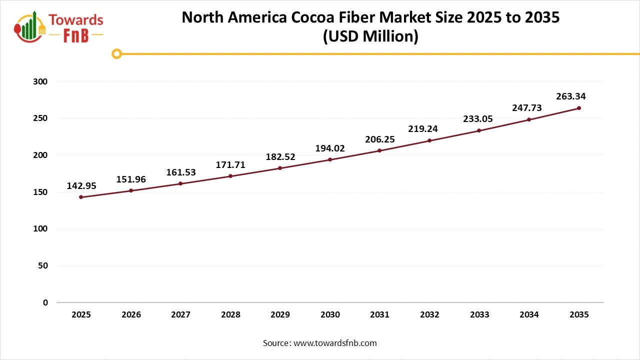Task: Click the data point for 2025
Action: tap(81, 197)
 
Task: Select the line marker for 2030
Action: tap(330, 159)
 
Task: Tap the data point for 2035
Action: tap(579, 108)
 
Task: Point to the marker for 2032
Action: tap(429, 140)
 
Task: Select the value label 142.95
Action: tap(81, 186)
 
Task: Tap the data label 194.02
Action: tap(330, 148)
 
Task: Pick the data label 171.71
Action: tap(230, 164)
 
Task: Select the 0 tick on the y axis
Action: tap(45, 302)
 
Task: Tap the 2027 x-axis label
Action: tap(180, 315)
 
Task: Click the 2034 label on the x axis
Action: tap(529, 315)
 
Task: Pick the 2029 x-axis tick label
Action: tap(280, 315)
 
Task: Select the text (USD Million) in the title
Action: tap(370, 36)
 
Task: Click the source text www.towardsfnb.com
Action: tap(334, 343)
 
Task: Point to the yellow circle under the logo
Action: tap(116, 54)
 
